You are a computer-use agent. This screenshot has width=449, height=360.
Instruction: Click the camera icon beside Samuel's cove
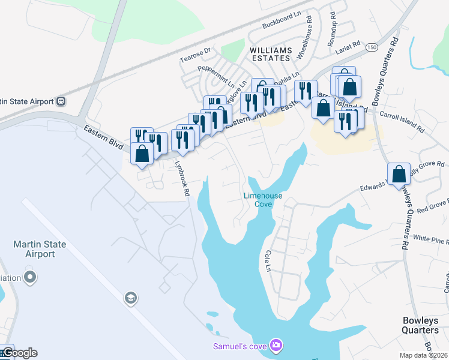click(276, 345)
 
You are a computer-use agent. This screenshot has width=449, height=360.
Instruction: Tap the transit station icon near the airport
click(61, 101)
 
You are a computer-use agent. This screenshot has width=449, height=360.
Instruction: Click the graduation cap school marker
click(130, 298)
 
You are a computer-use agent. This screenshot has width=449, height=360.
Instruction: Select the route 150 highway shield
click(373, 47)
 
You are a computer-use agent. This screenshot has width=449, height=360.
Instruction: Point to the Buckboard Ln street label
click(282, 23)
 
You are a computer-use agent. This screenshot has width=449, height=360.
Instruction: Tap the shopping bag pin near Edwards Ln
click(399, 175)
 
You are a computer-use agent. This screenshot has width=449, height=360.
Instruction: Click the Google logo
click(19, 353)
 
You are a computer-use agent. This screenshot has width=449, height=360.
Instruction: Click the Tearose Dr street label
click(196, 55)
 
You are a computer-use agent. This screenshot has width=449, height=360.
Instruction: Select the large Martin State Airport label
click(40, 249)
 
